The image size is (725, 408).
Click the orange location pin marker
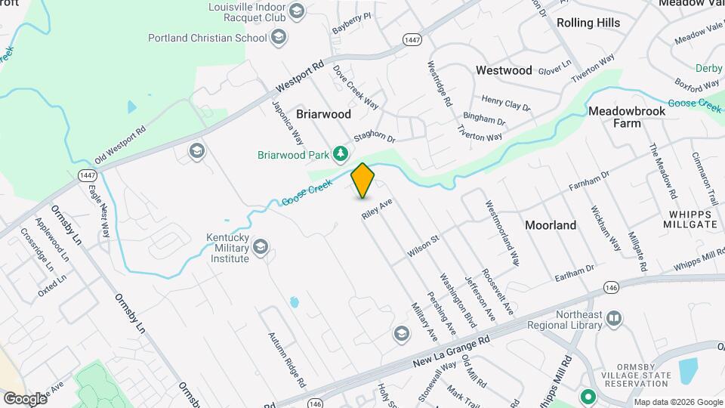(363, 181)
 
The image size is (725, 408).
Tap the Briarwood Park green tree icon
(341, 154)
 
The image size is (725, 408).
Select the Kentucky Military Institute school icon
(261, 247)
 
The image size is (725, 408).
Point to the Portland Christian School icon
(279, 36)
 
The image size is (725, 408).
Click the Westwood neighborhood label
(504, 70)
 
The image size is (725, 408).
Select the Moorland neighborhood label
(551, 225)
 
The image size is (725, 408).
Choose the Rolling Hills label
(588, 23)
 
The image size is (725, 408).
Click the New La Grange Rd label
(452, 352)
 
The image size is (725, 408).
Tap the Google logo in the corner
(25, 398)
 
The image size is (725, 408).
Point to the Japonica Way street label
(288, 123)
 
